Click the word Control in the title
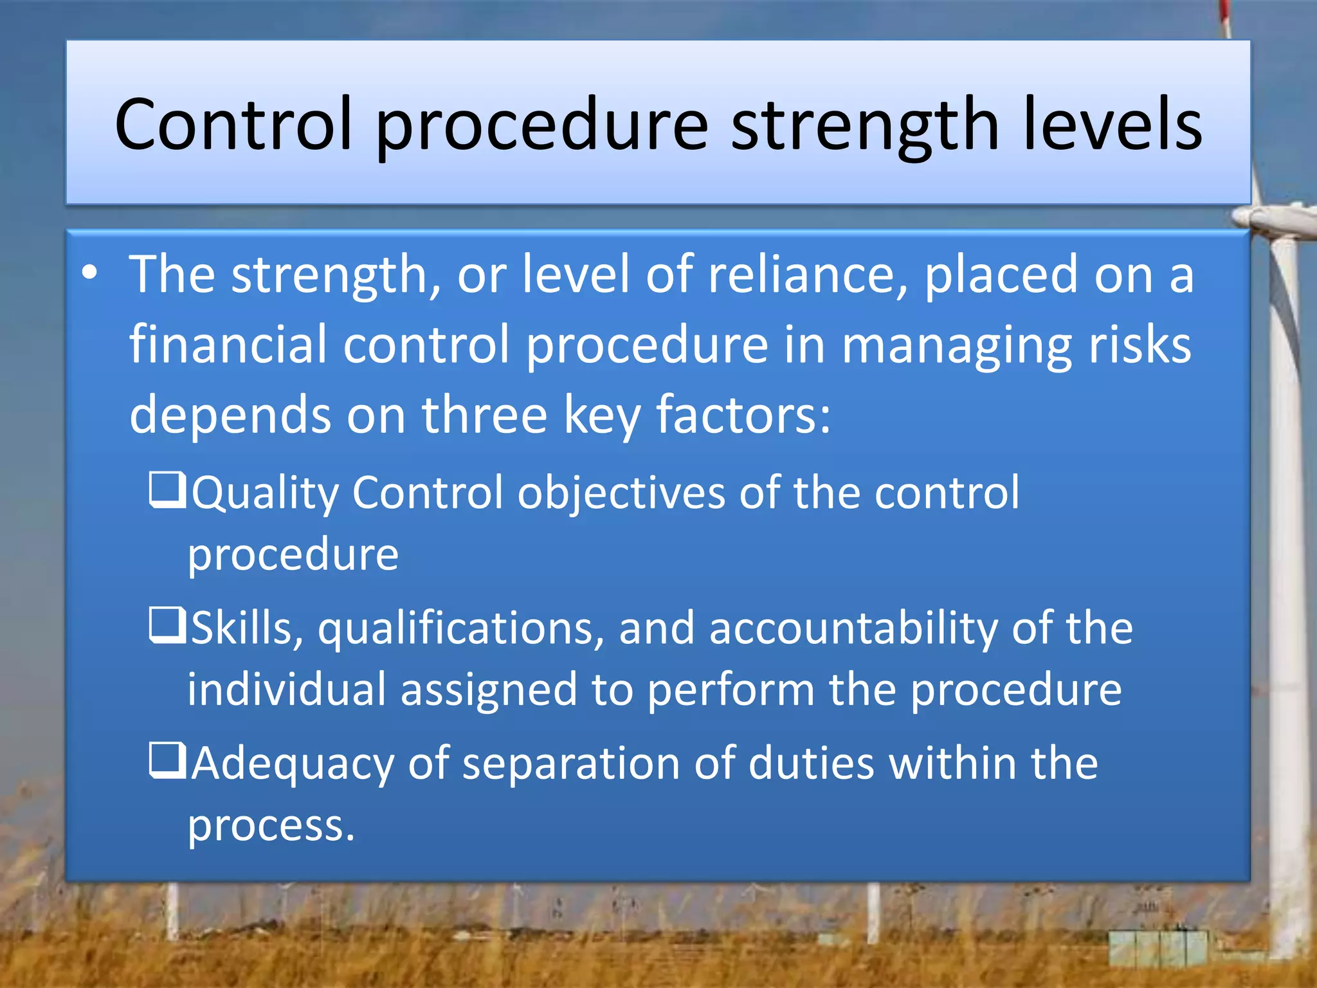(233, 124)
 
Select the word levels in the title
(1113, 124)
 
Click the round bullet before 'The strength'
(90, 273)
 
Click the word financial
(228, 345)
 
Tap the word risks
(1140, 345)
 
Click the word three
(484, 415)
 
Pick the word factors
(743, 415)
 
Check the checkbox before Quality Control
(168, 489)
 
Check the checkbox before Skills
(168, 625)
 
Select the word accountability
(853, 628)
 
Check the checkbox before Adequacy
(168, 760)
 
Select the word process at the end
(270, 827)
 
